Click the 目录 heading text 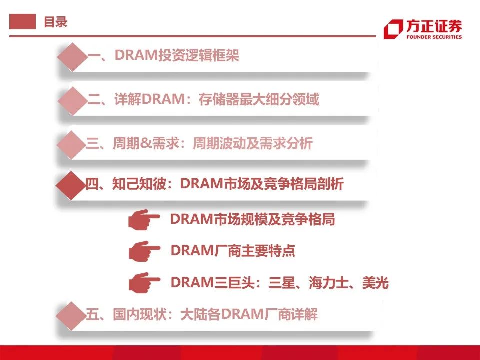coord(55,22)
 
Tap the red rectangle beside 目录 coord(22,21)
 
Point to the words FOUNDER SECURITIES coord(434,37)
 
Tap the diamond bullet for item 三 coord(71,145)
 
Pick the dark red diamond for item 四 coord(71,186)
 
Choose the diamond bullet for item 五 coord(71,316)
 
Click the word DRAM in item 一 coord(136,55)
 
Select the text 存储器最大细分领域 coord(259,99)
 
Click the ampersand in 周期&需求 coord(146,143)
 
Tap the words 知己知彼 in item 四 coord(139,183)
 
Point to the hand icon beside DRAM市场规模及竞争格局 coord(144,219)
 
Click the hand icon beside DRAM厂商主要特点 coord(144,251)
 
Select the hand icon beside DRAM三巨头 coord(144,283)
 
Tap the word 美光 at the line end coord(375,282)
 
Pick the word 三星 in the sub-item coord(281,282)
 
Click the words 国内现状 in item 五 coord(139,314)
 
